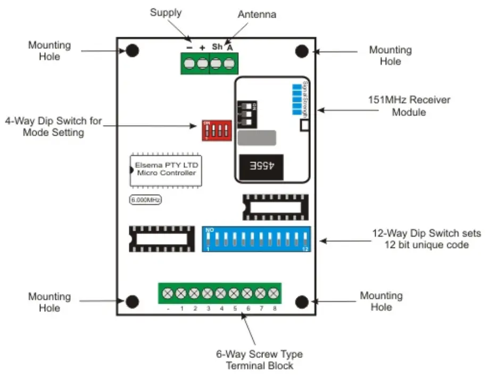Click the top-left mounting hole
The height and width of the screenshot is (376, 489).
tap(132, 51)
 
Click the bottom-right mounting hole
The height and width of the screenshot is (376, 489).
tap(302, 301)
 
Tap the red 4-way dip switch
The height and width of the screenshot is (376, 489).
tap(216, 130)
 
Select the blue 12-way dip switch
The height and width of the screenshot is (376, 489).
tap(256, 239)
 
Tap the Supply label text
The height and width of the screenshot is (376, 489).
tap(165, 12)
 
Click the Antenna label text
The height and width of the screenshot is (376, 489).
tap(257, 14)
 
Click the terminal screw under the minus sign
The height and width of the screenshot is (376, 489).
tap(189, 65)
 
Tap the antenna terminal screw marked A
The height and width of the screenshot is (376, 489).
tap(229, 65)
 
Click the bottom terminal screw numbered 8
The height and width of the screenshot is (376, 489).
tap(274, 293)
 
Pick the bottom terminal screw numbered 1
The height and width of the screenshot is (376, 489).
tap(181, 293)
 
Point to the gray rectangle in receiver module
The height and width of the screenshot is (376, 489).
tap(256, 138)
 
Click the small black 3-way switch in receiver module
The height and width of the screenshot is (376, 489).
tap(245, 113)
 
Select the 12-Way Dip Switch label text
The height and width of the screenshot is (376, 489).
tap(426, 239)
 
